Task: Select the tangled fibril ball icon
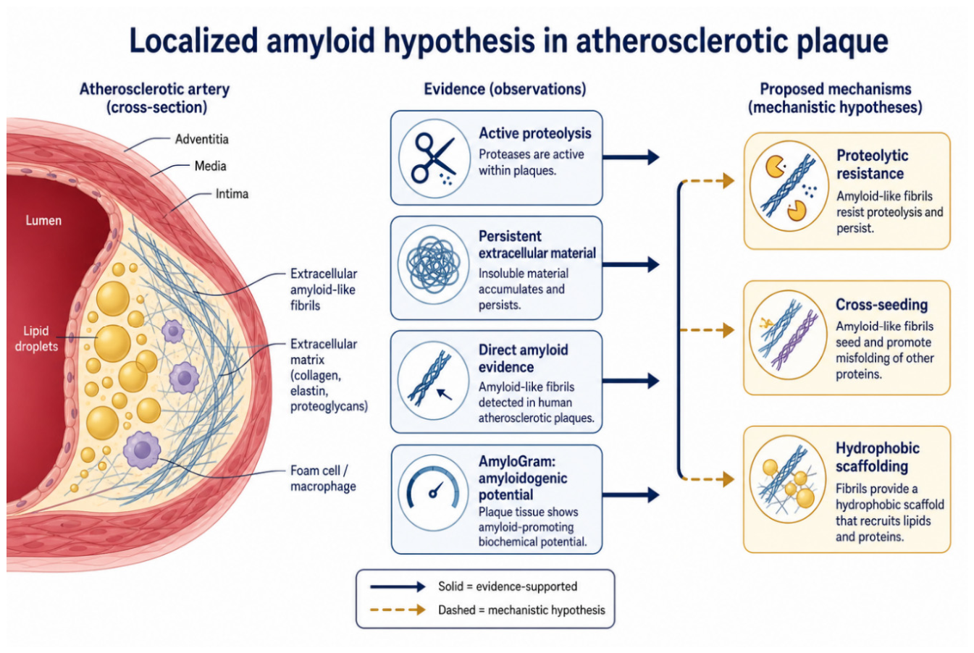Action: (x=433, y=264)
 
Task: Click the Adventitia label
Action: (x=202, y=139)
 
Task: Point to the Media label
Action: (x=211, y=166)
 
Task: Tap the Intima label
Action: (x=232, y=194)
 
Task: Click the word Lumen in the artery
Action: (x=43, y=220)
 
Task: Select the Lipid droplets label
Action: (x=36, y=339)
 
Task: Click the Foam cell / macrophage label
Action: (x=323, y=479)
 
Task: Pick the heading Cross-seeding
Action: (x=881, y=305)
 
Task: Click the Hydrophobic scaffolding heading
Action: (x=878, y=457)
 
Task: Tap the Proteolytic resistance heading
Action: (x=872, y=164)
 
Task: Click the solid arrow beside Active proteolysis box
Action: (x=631, y=157)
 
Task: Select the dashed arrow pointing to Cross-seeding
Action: (x=707, y=330)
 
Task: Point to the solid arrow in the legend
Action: (x=398, y=586)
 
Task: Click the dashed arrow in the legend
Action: (x=398, y=610)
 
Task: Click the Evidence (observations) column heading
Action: (x=505, y=89)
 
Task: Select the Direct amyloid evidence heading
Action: (x=523, y=358)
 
